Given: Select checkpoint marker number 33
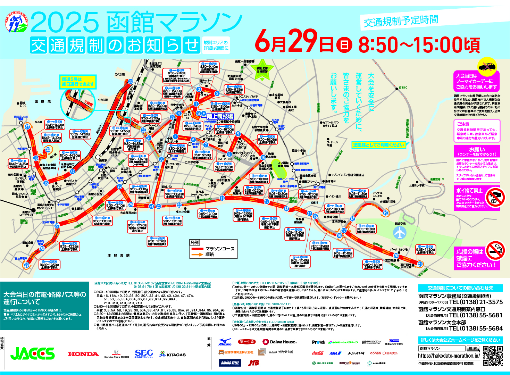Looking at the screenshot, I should (131, 82).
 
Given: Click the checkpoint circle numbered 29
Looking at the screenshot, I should (26, 265).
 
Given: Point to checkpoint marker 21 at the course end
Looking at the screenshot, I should (420, 264).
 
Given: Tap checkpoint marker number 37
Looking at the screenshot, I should (27, 127).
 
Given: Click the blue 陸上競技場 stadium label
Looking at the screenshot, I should (220, 117).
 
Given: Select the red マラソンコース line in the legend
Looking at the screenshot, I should (197, 249).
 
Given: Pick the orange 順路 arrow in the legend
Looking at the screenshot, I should (197, 255).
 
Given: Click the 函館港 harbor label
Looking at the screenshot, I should (43, 102).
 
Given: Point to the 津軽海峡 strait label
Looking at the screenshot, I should (118, 256).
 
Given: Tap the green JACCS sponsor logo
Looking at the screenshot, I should (32, 353).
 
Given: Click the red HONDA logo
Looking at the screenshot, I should (83, 354).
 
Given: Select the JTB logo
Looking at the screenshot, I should (253, 362).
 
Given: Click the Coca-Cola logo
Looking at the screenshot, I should (318, 353).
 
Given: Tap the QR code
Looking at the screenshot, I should (493, 356).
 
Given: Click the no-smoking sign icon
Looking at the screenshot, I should (495, 250).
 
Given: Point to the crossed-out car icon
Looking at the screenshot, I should (487, 66).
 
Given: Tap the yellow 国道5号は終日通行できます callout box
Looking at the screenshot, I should (78, 82).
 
